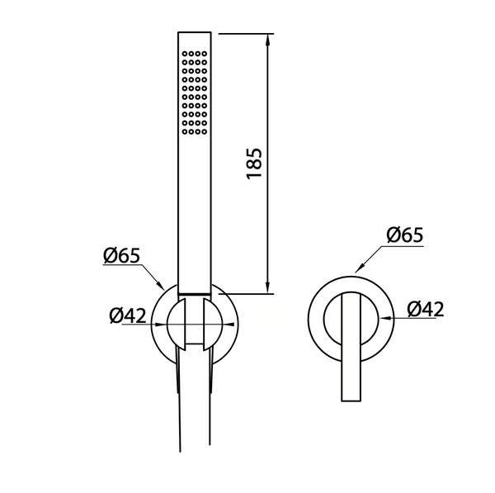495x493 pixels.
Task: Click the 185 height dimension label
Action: (254, 164)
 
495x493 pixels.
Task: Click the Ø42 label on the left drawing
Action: (127, 315)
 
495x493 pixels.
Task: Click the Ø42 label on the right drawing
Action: (425, 309)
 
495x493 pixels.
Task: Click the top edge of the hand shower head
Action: (196, 33)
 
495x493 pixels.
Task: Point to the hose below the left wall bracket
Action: (196, 413)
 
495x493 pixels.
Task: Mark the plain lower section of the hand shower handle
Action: (196, 215)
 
